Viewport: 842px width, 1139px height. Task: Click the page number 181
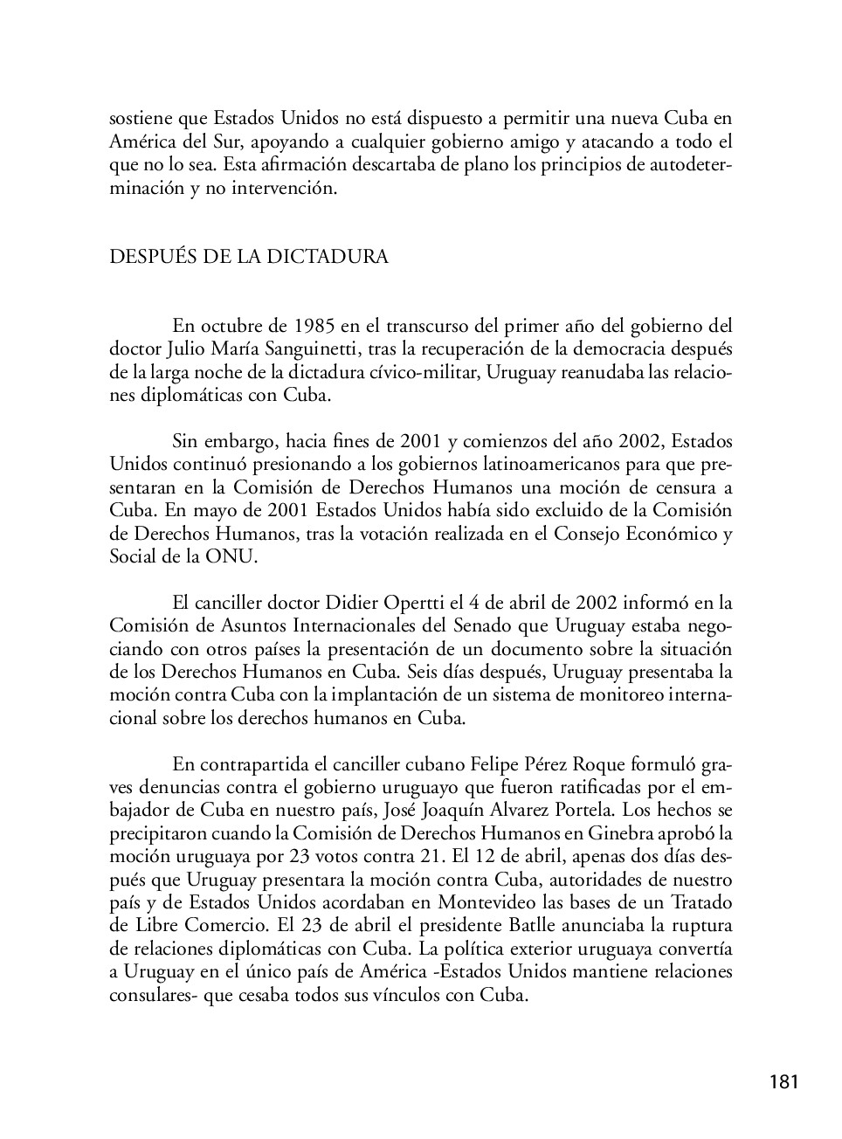pos(783,1083)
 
